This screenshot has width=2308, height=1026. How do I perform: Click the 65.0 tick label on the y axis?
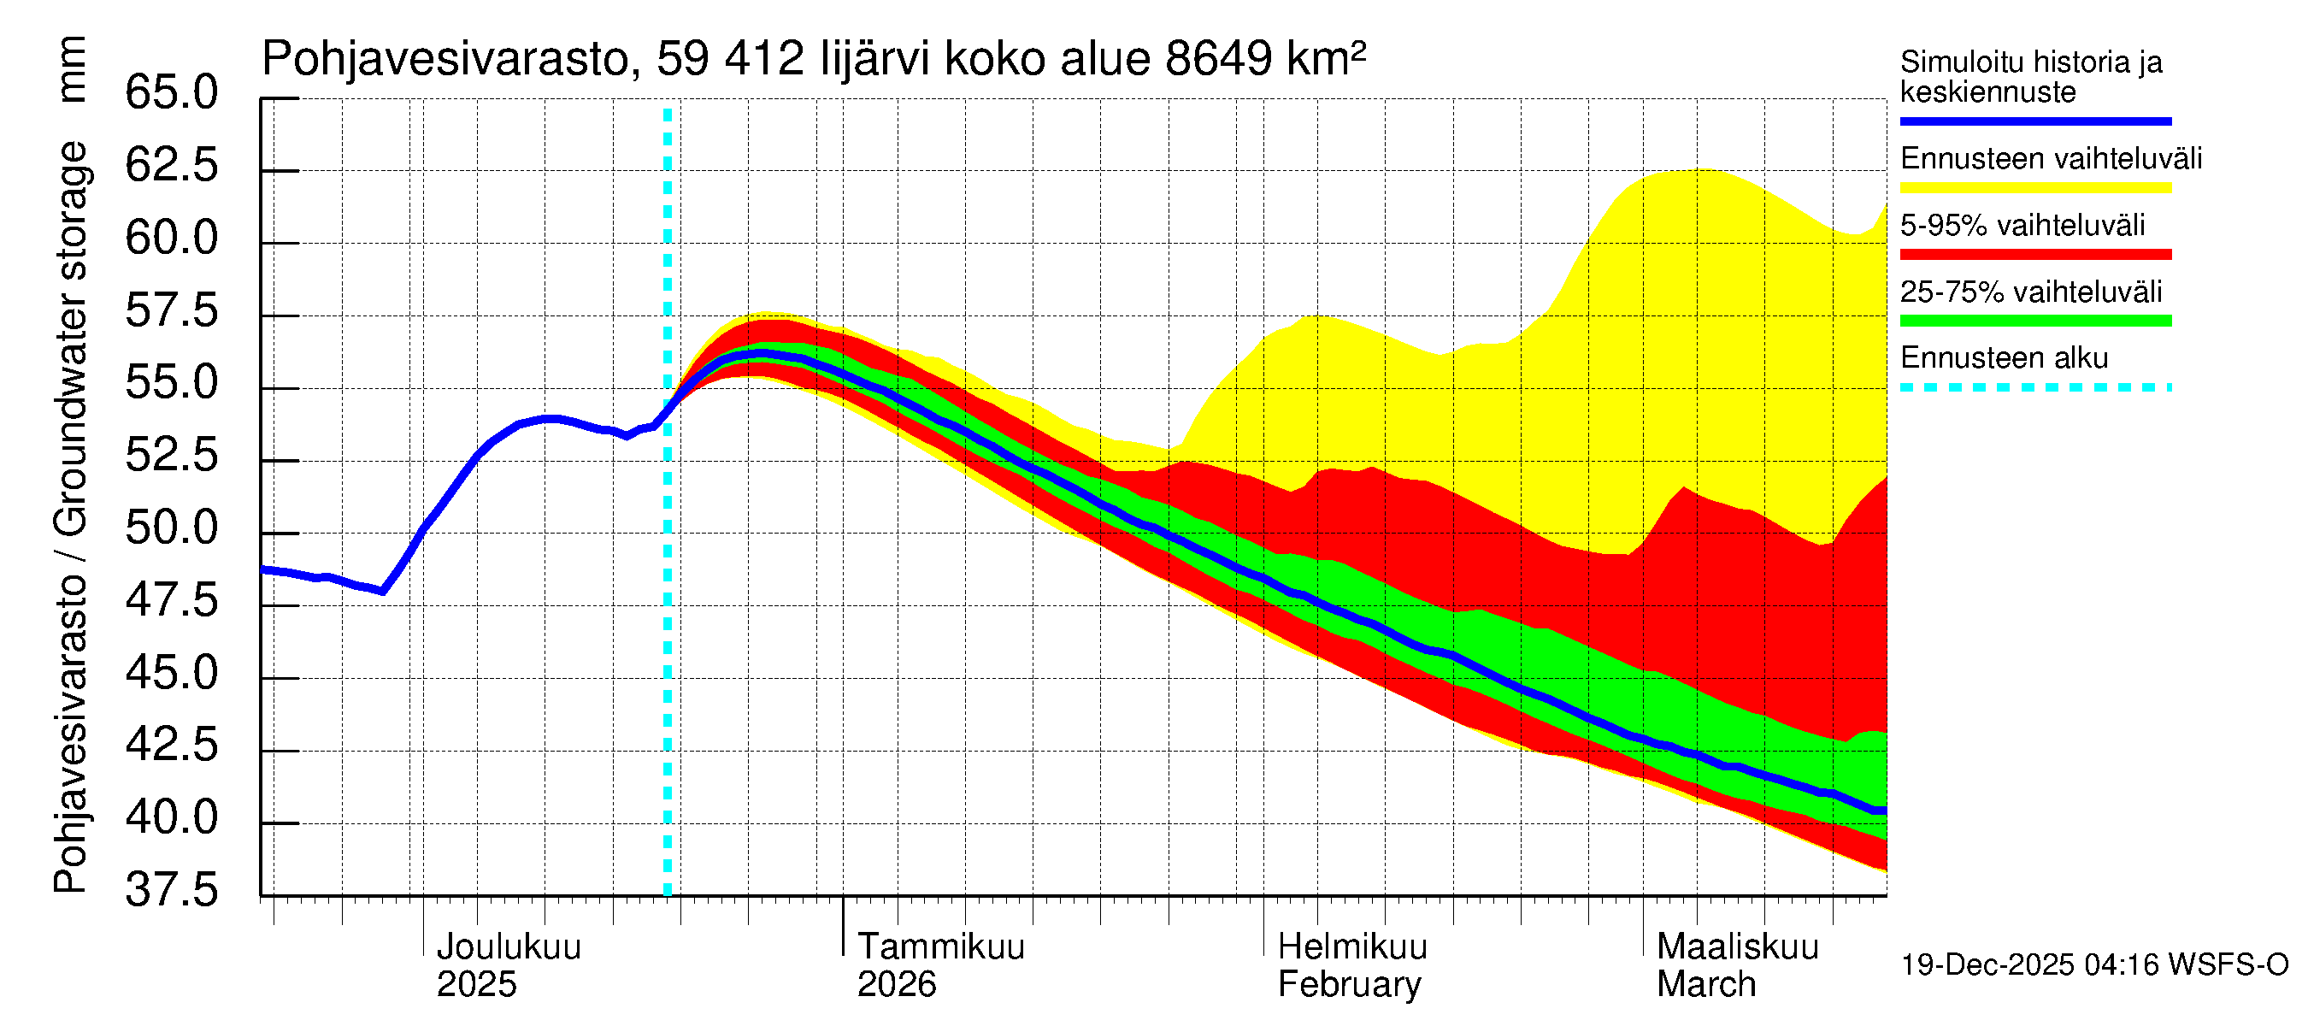point(171,93)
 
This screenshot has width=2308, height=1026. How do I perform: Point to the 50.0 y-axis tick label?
point(171,528)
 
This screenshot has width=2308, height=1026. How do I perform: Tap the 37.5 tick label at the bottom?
point(171,891)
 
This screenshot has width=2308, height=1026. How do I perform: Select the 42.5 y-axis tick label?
point(171,745)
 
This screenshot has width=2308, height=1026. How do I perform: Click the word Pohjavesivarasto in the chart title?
point(445,59)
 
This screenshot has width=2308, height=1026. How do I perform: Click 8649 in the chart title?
point(1217,59)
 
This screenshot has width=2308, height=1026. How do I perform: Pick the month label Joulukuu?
point(508,947)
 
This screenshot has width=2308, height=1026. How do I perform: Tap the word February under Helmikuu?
point(1348,985)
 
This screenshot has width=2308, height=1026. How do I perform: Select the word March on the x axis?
point(1705,985)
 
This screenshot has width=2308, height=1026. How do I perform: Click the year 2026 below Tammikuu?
point(896,985)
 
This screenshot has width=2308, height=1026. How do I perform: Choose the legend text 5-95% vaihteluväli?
point(2022,226)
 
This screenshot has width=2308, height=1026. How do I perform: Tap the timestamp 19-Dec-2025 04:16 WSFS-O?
point(2093,965)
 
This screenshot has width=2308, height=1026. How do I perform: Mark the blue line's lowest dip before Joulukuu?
point(383,592)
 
